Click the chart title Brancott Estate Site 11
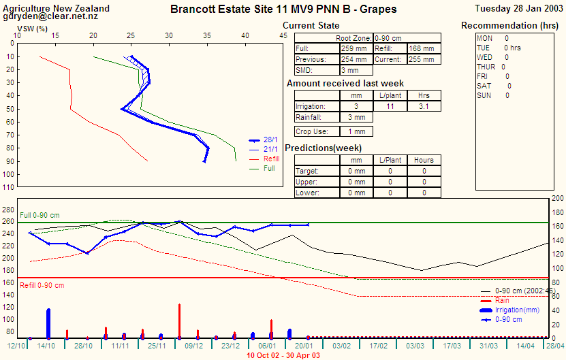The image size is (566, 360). (283, 10)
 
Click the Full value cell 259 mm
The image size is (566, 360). (356, 49)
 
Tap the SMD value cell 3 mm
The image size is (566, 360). (356, 70)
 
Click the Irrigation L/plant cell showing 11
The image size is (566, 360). (390, 106)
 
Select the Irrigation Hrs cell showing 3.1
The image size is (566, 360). (424, 106)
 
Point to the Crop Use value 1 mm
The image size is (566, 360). (356, 131)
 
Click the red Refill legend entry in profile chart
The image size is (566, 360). (271, 159)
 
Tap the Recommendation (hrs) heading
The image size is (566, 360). (509, 26)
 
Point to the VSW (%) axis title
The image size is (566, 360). (33, 29)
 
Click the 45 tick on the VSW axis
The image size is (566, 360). (283, 36)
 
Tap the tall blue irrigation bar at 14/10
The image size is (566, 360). (48, 323)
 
